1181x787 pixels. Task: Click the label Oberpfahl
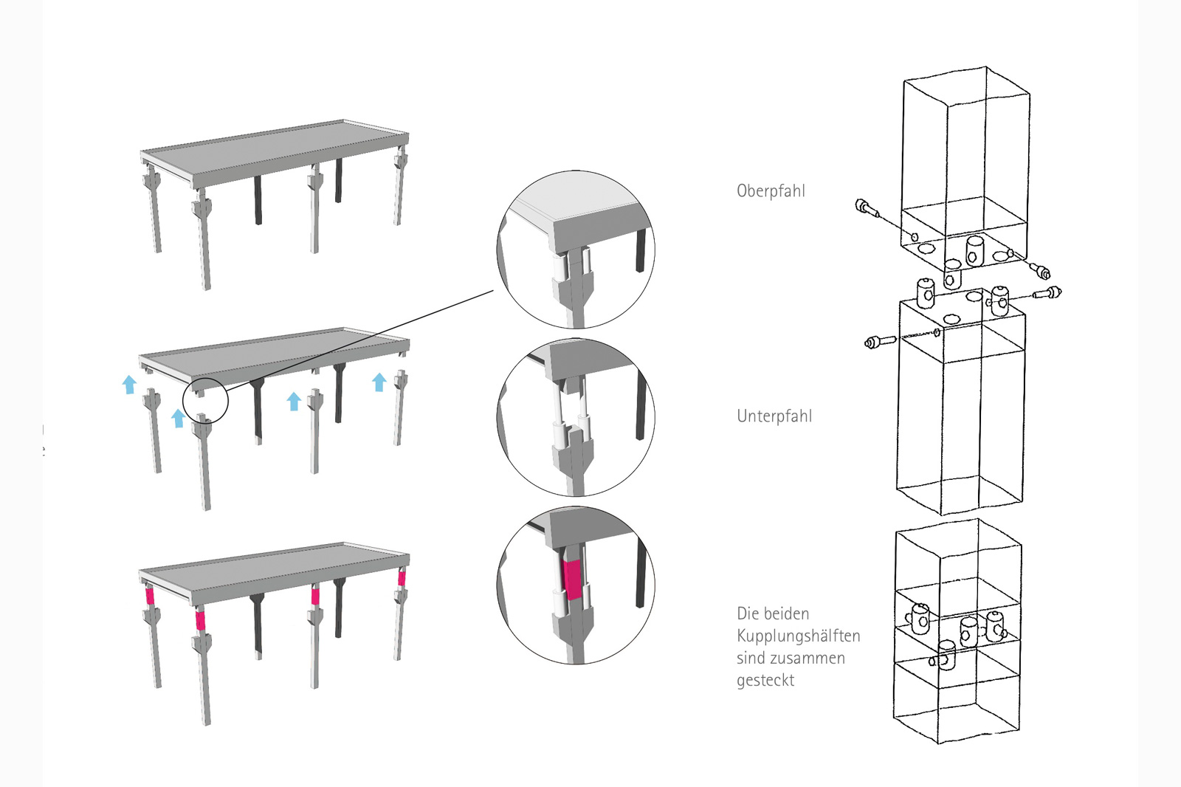(x=771, y=190)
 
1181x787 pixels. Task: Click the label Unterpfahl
(x=774, y=416)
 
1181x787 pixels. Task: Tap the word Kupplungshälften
(x=798, y=636)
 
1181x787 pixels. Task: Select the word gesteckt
(x=765, y=680)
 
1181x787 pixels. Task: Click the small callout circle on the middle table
(x=205, y=401)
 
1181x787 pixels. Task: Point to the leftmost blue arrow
(x=129, y=384)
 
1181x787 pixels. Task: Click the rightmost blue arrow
(x=379, y=382)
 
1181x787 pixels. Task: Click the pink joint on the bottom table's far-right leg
(x=402, y=578)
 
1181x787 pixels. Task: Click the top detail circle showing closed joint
(x=576, y=250)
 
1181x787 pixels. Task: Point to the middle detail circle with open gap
(x=576, y=418)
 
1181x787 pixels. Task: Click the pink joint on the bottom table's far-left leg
(x=148, y=596)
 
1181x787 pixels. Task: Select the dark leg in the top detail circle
(x=641, y=250)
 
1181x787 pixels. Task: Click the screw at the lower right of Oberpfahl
(x=1041, y=270)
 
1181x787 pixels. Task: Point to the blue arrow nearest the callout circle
(x=177, y=419)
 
